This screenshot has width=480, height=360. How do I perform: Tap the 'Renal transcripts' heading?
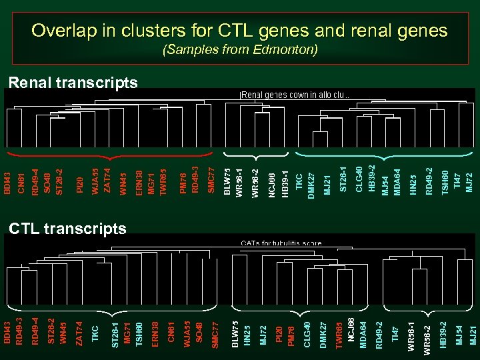click(x=73, y=83)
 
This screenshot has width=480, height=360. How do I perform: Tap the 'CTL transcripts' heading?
click(x=67, y=229)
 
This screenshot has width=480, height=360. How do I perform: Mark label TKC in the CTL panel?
click(x=95, y=333)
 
